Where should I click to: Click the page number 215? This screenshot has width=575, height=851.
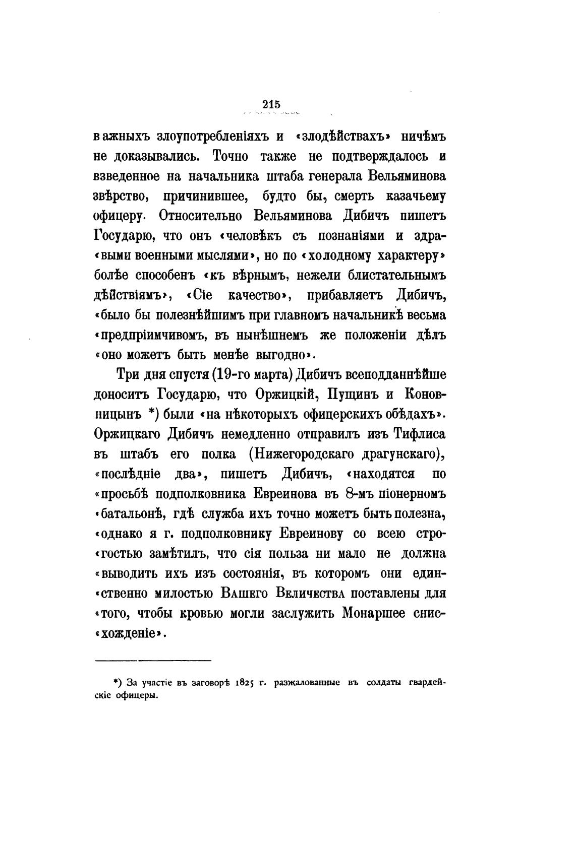pos(271,104)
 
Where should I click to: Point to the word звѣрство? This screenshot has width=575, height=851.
pos(116,196)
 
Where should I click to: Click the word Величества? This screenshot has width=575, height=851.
pos(319,593)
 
